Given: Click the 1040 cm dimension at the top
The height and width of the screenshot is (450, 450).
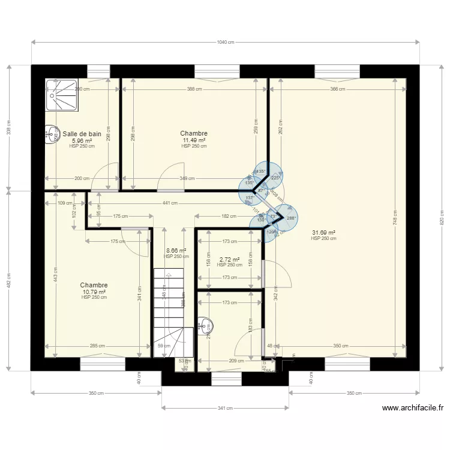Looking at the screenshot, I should click(225, 42).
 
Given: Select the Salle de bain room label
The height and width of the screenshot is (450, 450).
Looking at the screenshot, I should click(82, 134).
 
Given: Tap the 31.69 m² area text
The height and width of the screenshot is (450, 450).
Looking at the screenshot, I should click(323, 233).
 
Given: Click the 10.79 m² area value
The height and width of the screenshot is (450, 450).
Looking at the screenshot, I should click(94, 292).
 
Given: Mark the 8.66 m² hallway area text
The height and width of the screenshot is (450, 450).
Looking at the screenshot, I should click(176, 251).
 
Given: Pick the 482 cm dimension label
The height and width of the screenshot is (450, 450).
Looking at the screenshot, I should click(9, 280).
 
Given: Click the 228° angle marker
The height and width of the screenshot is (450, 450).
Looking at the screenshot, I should click(275, 177).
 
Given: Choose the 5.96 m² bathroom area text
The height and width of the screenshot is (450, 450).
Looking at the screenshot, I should click(82, 141).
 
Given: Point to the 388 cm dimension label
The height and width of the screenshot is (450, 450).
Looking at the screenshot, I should click(194, 89).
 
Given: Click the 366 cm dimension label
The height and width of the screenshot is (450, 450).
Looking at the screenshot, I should click(338, 89).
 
